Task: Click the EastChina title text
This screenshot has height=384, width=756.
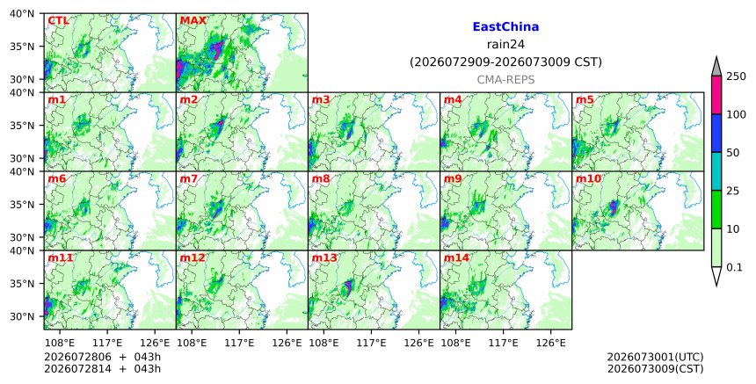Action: [x=505, y=27]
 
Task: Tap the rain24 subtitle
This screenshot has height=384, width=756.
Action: [x=505, y=44]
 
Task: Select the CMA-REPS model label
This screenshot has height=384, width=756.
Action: [x=505, y=80]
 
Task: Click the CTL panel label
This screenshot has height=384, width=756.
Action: [x=58, y=21]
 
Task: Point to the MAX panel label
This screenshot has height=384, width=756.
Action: [x=193, y=21]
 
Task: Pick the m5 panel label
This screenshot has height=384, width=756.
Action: [x=585, y=99]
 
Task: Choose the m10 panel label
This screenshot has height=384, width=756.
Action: [x=589, y=178]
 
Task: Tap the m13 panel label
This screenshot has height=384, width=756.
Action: [x=324, y=257]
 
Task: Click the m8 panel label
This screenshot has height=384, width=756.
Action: [x=321, y=178]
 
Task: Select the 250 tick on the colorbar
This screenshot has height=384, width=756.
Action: [x=736, y=76]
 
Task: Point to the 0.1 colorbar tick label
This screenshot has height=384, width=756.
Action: [x=734, y=267]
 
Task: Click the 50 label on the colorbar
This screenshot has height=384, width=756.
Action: [x=733, y=153]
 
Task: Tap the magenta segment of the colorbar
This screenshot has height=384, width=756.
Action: [x=716, y=95]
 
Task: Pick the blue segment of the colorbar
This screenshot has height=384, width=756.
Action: [x=716, y=134]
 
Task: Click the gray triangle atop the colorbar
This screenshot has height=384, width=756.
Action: [x=716, y=67]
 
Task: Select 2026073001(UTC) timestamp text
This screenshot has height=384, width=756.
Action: [x=655, y=358]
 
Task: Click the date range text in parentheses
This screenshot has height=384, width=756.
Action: [x=505, y=62]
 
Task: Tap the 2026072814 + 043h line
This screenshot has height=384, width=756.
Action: [x=102, y=369]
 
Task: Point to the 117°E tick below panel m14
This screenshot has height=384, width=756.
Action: [x=503, y=343]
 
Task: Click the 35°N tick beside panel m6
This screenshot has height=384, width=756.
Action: [x=23, y=205]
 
